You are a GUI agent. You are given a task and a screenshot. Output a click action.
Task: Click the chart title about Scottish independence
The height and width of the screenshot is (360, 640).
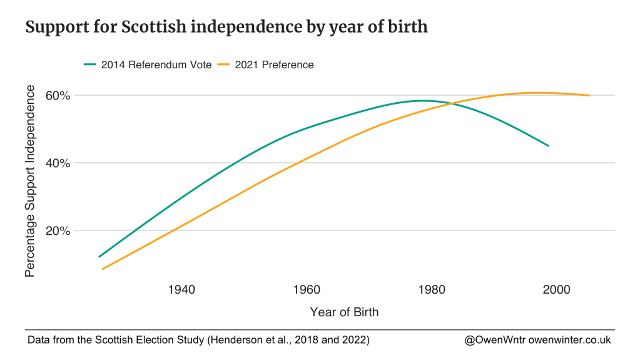226,28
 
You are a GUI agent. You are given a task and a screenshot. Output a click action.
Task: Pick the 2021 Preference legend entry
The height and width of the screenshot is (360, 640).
274,64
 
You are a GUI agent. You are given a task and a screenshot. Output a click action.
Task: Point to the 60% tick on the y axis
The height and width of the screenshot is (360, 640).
58,96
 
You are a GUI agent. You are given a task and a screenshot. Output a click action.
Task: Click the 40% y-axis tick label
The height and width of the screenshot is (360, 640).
58,163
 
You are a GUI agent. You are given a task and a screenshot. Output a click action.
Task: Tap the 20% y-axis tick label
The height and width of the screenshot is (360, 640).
58,230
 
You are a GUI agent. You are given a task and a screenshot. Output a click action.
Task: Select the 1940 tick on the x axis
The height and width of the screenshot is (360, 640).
181,290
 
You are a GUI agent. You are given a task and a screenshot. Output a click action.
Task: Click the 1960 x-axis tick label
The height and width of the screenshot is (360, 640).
307,290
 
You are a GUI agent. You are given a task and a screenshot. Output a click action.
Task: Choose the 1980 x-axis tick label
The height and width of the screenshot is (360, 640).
431,290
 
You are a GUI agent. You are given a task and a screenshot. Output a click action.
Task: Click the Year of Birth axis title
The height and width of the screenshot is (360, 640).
344,312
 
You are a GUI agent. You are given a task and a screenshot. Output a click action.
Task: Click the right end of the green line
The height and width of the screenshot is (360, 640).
549,146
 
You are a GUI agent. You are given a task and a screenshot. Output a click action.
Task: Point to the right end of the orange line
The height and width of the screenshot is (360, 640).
590,95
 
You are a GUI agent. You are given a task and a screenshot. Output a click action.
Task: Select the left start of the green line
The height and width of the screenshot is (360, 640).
99,257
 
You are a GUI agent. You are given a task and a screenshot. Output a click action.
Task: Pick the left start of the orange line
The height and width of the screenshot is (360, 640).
102,269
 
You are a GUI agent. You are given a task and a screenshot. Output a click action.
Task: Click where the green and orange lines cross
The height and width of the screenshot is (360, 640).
450,103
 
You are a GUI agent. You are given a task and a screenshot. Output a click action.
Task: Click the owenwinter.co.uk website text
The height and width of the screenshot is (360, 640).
569,340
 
